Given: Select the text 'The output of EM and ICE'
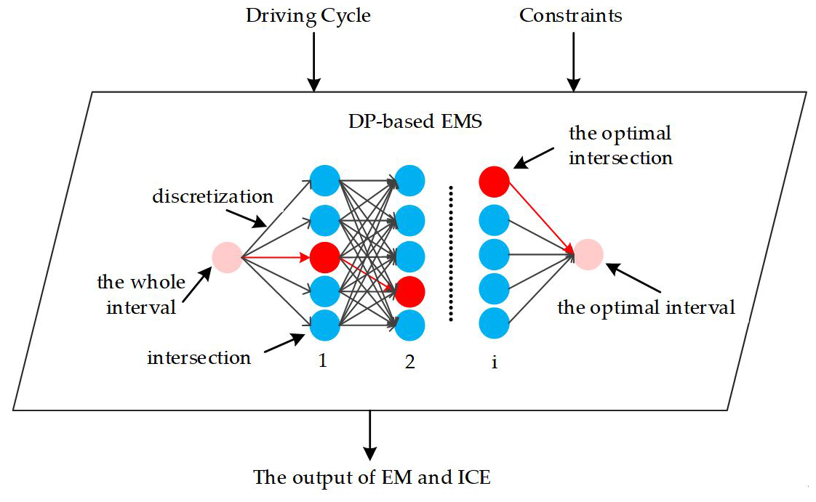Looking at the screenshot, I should (372, 477).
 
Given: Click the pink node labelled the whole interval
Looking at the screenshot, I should (226, 256).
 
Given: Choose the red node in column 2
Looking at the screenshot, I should (411, 291).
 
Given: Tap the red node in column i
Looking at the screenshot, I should (495, 181).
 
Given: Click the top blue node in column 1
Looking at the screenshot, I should (324, 181).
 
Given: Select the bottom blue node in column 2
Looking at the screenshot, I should (411, 324).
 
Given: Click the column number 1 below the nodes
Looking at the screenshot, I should (322, 361).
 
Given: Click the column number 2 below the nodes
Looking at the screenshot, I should (410, 361).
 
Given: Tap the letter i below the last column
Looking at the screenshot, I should (495, 361).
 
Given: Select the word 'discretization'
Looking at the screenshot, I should (213, 197).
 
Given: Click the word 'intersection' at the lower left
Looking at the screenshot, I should (199, 357).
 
